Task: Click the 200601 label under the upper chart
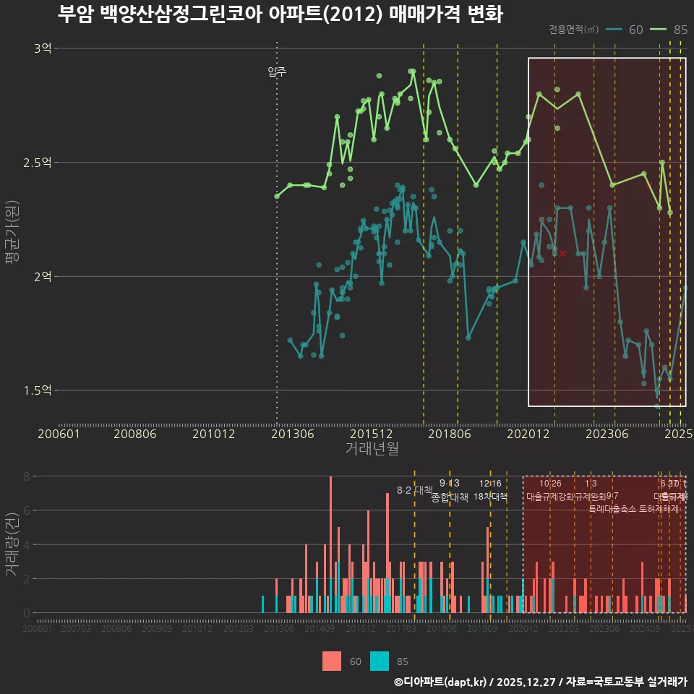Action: (x=59, y=434)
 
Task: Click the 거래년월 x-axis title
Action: (x=372, y=449)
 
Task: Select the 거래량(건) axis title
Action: (x=12, y=544)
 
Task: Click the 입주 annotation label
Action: (x=277, y=72)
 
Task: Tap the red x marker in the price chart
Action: (x=562, y=253)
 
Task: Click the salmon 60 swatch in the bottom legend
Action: (x=332, y=661)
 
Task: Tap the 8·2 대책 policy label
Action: (x=414, y=490)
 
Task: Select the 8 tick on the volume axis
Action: (x=26, y=476)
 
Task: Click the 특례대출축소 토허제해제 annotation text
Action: (x=634, y=508)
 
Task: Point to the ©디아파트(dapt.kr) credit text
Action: (x=441, y=682)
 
